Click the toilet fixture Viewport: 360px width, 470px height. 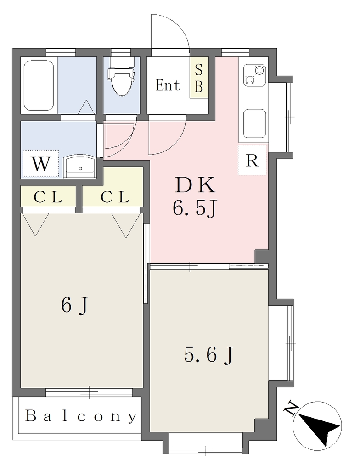[x=122, y=77]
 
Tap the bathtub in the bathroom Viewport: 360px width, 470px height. [x=39, y=85]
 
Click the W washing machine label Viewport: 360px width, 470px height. [x=41, y=164]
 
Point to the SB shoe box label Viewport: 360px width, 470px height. [x=199, y=78]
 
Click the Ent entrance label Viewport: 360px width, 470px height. [x=168, y=85]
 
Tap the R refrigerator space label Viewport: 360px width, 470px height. [x=252, y=161]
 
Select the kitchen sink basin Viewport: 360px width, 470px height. [x=255, y=123]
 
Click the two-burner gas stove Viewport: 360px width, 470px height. [x=255, y=75]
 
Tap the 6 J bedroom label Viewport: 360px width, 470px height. [x=75, y=306]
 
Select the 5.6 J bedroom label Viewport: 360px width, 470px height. [x=208, y=355]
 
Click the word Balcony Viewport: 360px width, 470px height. [x=81, y=416]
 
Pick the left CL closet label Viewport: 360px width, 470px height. [x=48, y=197]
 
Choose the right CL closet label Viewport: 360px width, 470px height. [x=115, y=197]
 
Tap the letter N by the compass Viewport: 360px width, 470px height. [x=291, y=409]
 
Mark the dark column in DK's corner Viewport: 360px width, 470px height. [x=261, y=256]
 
